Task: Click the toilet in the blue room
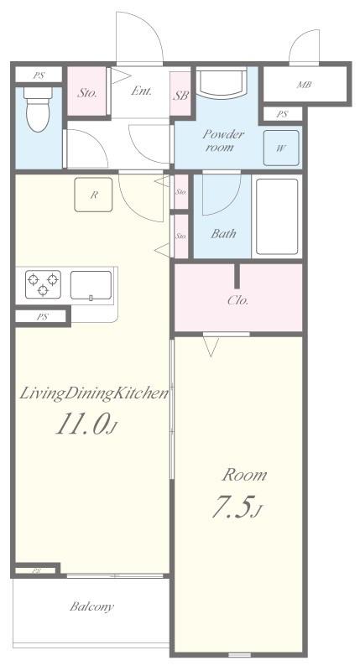pos(38,109)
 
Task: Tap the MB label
pos(304,85)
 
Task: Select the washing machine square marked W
pos(281,148)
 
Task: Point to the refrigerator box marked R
pos(93,195)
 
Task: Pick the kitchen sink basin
pos(91,284)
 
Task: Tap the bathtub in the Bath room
pos(277,216)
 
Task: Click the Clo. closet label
pos(237,300)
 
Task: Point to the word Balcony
pos(92,606)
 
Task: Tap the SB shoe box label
pos(180,96)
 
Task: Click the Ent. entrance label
pos(141,91)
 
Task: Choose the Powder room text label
pos(223,140)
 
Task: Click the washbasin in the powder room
pos(221,82)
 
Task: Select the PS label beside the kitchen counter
pos(41,317)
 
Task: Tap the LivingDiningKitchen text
pos(94,393)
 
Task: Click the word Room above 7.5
pos(244,475)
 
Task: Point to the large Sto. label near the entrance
pos(87,93)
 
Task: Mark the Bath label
pos(223,234)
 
